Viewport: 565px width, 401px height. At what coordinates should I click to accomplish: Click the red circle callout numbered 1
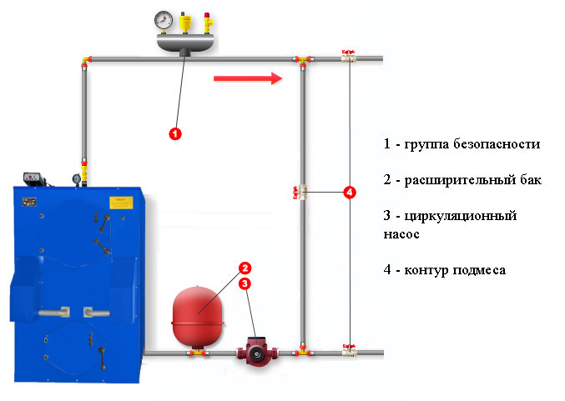click(175, 133)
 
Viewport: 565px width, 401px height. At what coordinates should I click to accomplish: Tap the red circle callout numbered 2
click(245, 268)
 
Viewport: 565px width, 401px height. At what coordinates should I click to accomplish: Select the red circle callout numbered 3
click(245, 284)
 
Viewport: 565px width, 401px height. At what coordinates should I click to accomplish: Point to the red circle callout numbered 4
click(350, 193)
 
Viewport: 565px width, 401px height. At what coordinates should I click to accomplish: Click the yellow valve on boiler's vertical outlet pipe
click(83, 167)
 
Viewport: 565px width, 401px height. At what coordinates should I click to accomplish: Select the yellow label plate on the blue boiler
click(121, 202)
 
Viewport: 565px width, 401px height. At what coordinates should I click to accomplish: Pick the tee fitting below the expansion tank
click(198, 353)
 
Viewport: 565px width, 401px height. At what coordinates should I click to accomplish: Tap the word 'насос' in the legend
click(401, 234)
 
